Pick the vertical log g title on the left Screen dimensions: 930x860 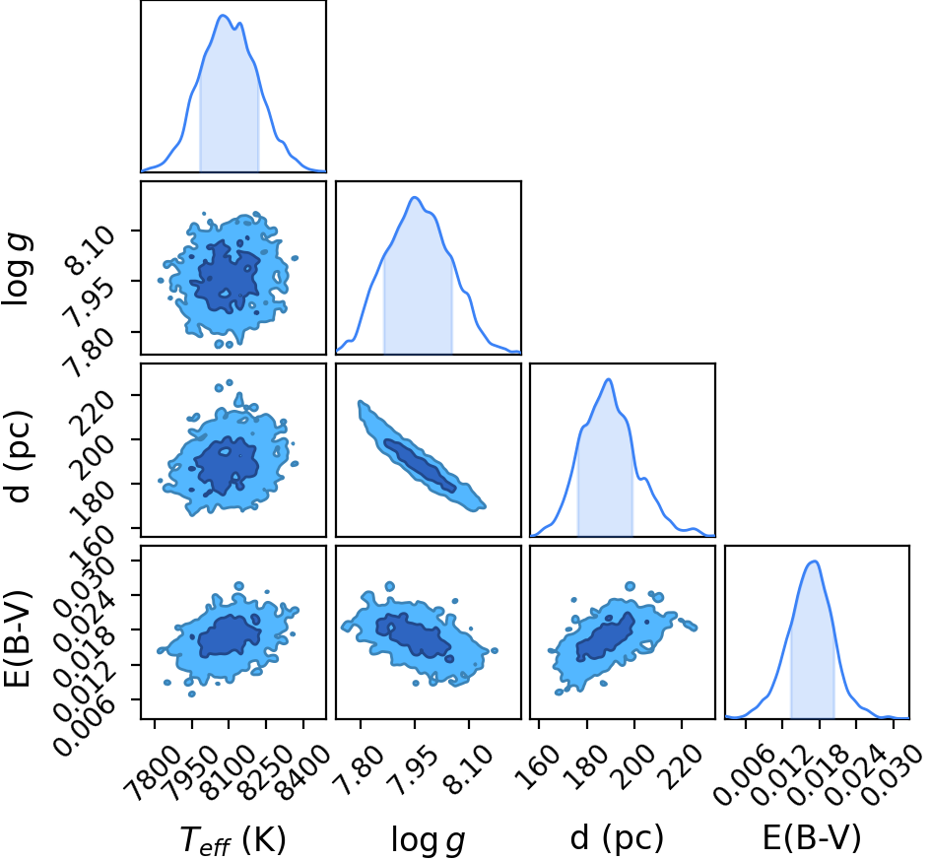[x=18, y=270]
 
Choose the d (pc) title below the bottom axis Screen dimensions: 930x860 [x=617, y=838]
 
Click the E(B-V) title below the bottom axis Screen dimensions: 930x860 [x=812, y=838]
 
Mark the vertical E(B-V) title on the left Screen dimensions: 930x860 [x=17, y=638]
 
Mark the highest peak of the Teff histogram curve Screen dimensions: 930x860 [x=223, y=16]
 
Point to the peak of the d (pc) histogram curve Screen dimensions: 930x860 [x=608, y=379]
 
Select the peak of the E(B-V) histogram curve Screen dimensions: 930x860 [x=815, y=562]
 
